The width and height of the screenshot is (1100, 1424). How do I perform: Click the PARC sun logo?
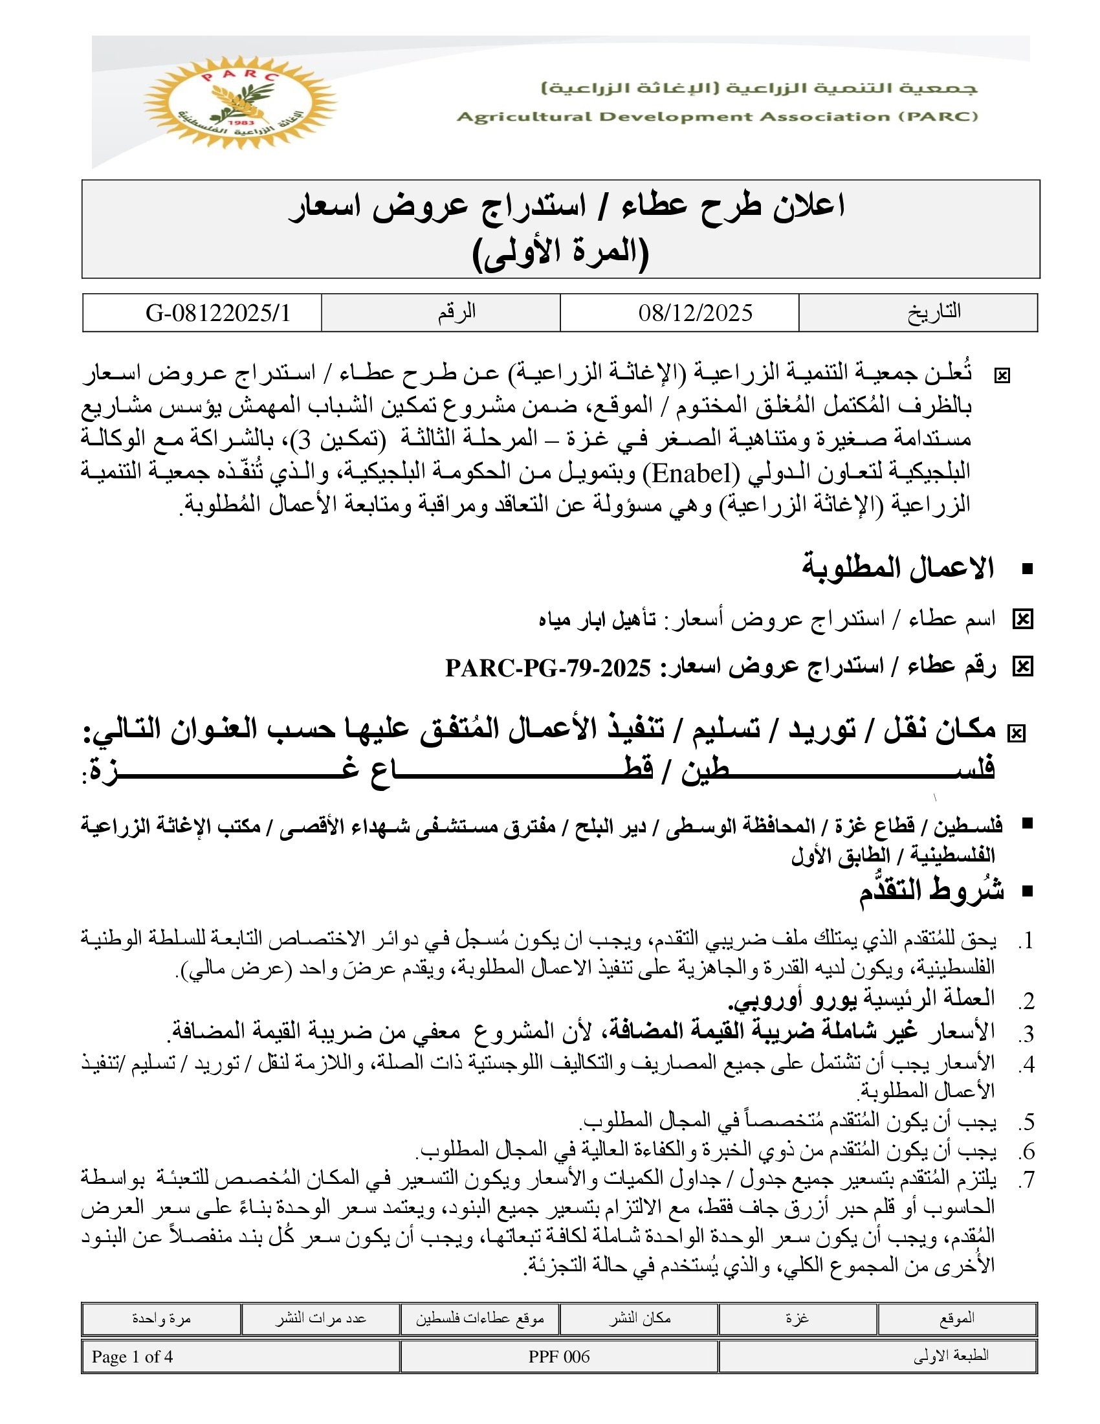239,102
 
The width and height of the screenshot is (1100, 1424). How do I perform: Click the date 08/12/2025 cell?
696,313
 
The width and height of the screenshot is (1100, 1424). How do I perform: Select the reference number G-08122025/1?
217,313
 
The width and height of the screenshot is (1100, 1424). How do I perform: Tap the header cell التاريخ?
934,312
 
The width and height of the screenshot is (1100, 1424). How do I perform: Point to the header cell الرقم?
456,312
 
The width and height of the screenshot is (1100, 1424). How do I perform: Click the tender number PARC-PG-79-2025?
548,668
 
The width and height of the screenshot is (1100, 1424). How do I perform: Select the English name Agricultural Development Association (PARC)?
717,117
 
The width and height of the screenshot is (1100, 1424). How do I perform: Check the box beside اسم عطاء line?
1022,619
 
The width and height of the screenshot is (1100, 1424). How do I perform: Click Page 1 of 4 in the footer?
132,1357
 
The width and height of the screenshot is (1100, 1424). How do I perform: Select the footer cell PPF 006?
559,1357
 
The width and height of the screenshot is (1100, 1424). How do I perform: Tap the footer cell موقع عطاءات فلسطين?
479,1318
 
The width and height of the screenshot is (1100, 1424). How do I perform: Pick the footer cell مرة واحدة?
161,1318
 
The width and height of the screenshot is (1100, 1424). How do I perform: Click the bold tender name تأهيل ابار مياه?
597,619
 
